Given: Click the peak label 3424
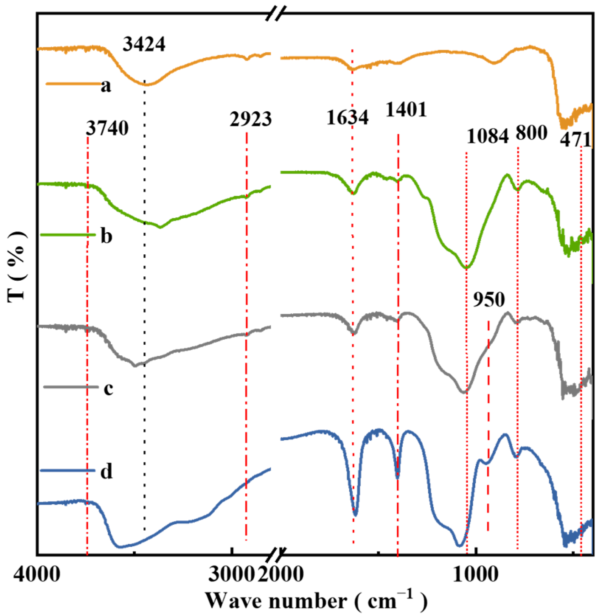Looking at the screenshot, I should tap(144, 44).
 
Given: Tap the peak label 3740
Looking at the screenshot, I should tap(107, 128).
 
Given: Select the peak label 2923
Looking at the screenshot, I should tap(250, 119).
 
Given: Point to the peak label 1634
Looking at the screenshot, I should tap(348, 117).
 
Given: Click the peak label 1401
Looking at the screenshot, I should tap(406, 110).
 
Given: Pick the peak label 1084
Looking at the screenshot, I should tap(488, 136).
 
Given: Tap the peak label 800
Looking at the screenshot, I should tap(531, 133).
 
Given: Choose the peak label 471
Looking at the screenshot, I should tap(575, 140).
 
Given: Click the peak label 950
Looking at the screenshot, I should tap(489, 299).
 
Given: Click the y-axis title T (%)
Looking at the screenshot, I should tap(17, 266).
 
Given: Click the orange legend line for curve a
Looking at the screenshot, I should tap(73, 84).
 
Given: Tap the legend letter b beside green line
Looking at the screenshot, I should tap(106, 235).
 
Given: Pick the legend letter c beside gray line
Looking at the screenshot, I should tap(109, 388).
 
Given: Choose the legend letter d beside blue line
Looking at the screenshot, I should tap(106, 471).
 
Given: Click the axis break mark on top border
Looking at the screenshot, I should tap(276, 14).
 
